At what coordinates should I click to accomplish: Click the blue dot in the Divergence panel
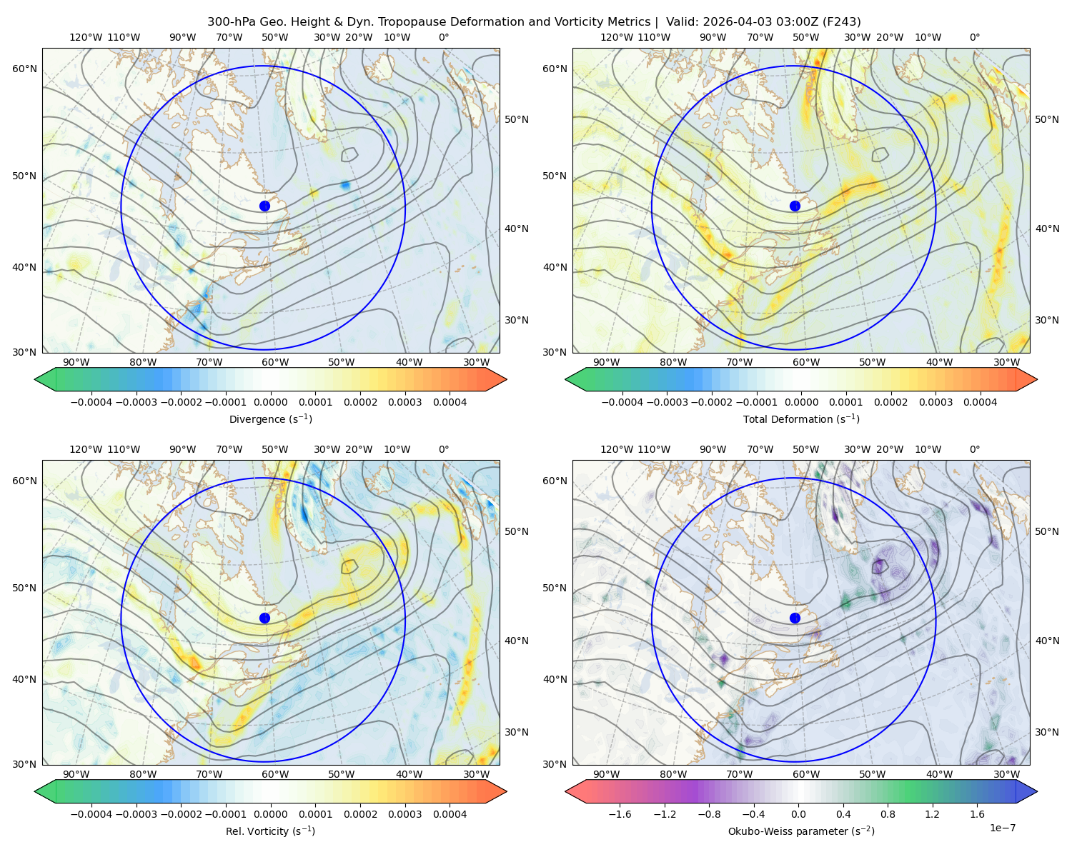point(264,206)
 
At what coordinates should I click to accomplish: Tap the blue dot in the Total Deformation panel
point(795,206)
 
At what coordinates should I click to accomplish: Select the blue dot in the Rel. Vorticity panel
point(264,618)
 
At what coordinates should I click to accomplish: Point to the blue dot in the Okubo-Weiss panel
point(795,618)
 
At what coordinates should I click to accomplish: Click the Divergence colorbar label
point(270,419)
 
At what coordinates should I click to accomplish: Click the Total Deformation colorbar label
point(801,419)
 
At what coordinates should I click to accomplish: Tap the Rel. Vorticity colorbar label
point(270,831)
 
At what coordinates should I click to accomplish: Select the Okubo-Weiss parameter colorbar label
point(801,831)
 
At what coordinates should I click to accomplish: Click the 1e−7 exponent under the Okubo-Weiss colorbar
point(1002,828)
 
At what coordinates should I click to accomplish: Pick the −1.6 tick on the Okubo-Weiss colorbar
point(620,813)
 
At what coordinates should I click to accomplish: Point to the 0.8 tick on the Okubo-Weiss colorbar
point(888,813)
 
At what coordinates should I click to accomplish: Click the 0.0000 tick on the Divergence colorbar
point(270,402)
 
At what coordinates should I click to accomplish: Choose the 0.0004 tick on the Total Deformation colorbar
point(980,402)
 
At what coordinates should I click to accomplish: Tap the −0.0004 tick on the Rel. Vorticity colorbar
point(91,813)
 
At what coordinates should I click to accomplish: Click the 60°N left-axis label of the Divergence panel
point(24,69)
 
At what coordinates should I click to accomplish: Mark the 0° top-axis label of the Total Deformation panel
point(974,37)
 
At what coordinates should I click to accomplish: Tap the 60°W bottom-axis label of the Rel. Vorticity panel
point(275,774)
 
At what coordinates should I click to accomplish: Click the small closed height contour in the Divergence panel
point(349,154)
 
